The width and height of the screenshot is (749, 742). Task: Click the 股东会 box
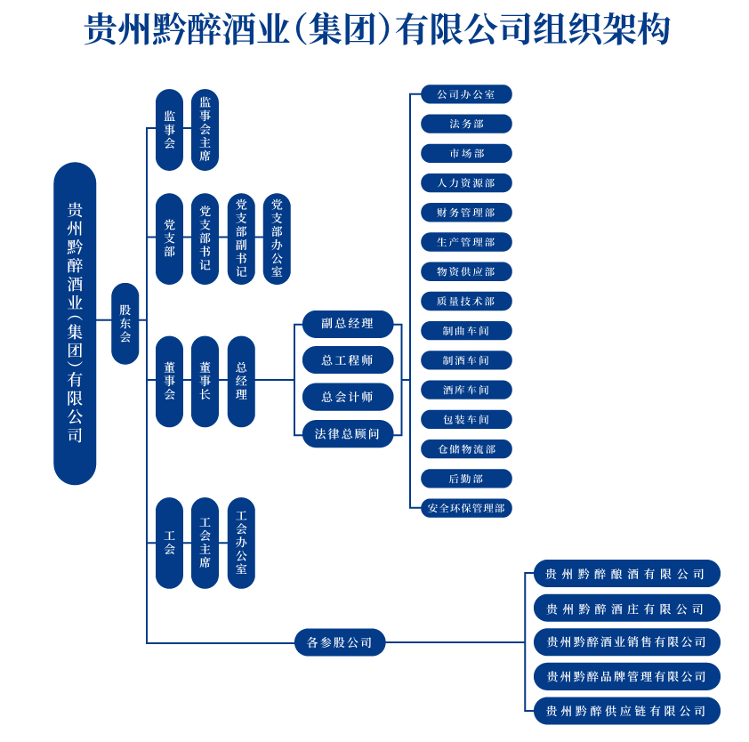click(125, 323)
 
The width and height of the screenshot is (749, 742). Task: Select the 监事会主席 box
click(205, 130)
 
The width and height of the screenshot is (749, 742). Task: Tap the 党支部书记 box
click(205, 238)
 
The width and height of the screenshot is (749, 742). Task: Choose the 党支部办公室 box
click(277, 238)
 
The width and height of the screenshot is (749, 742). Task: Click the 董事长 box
click(205, 381)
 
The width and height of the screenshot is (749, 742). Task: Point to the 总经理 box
click(241, 381)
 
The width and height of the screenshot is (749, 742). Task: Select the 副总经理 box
click(347, 324)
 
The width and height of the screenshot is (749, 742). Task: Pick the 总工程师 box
click(347, 360)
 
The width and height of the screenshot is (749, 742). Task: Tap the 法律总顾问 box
click(347, 434)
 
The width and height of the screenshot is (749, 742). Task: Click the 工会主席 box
click(205, 543)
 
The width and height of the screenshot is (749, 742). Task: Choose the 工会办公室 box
click(241, 543)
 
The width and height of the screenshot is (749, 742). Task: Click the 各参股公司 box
click(340, 642)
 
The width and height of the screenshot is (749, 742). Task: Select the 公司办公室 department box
click(466, 94)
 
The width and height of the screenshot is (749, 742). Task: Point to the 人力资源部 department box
click(466, 183)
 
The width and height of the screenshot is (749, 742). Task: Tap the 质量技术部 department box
click(466, 302)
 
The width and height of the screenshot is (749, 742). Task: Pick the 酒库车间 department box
click(466, 390)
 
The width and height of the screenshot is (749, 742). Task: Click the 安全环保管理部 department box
click(466, 508)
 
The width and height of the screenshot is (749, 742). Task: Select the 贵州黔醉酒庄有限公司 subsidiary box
click(626, 609)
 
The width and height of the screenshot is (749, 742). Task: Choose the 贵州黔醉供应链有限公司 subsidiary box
click(626, 711)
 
